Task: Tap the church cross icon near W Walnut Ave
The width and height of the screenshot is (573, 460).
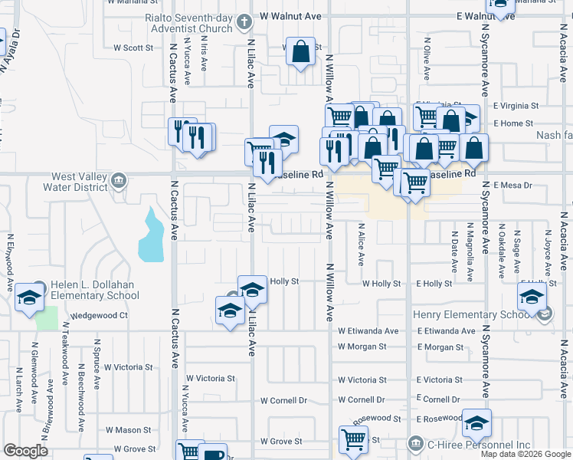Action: click(x=244, y=21)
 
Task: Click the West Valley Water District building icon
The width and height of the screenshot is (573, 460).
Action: click(x=118, y=181)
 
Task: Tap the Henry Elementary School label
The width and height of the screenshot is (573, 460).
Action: click(x=465, y=314)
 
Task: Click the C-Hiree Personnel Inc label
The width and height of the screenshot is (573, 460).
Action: click(x=480, y=445)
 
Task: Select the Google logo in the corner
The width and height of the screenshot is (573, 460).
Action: click(x=25, y=451)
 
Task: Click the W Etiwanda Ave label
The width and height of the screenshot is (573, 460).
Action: click(x=368, y=331)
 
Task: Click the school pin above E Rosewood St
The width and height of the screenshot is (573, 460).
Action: click(x=476, y=422)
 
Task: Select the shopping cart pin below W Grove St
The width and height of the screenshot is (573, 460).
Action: click(x=353, y=440)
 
